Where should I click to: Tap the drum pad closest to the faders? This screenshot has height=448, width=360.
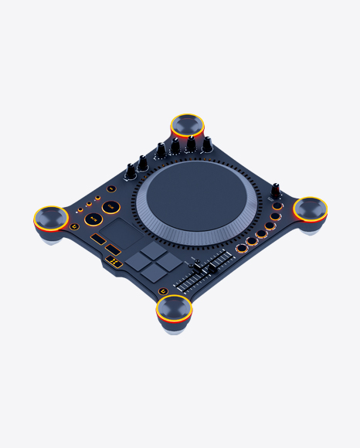point(170,261)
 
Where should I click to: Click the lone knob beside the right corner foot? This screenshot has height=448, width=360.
point(275,189)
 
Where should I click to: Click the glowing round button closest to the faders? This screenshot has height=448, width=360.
point(242,248)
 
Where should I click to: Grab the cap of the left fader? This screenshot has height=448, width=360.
point(195,266)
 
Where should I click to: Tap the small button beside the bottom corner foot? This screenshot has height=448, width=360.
point(163,290)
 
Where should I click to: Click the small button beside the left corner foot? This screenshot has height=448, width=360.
point(74,226)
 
